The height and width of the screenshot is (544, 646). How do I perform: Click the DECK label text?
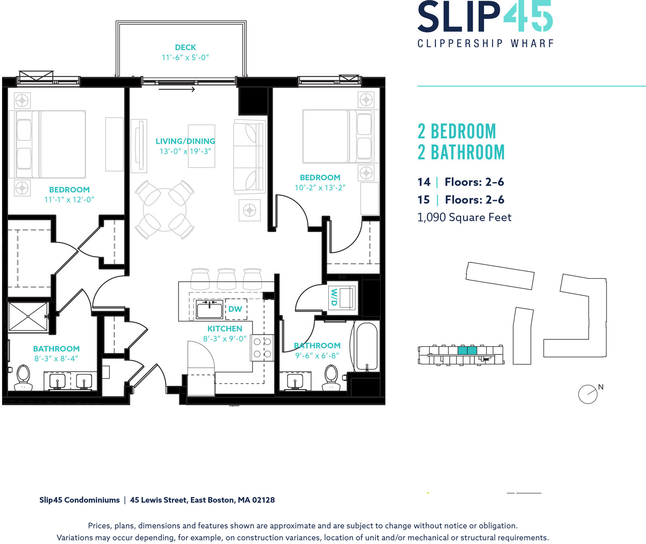coord(185,48)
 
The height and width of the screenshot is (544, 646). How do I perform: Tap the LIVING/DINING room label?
coord(185,141)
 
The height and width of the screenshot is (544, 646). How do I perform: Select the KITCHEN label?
coord(225,329)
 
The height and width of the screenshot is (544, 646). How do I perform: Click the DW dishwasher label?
coord(235,309)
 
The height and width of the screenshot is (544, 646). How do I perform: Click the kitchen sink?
coord(209,310)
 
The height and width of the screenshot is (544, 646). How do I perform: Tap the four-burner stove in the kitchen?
coord(262,348)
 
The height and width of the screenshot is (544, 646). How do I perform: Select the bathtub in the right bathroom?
coord(367,346)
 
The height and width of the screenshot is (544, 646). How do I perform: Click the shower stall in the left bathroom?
coord(28,317)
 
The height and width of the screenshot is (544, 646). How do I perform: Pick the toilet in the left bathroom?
coord(23,378)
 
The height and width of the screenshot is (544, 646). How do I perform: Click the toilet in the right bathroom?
coord(331,378)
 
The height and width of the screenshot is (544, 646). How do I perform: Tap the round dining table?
coord(165,209)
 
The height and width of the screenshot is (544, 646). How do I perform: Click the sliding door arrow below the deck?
coord(177,90)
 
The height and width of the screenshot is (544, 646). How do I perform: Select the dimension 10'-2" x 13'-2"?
coord(320,188)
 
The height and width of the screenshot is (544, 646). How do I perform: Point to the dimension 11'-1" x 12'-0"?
coord(69,200)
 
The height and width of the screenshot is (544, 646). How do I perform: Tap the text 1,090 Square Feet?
coord(464,218)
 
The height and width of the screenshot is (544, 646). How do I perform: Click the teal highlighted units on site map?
coord(468,350)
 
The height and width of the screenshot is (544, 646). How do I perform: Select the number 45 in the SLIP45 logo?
coord(527,16)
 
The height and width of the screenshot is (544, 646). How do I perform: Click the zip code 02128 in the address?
coord(263,500)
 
